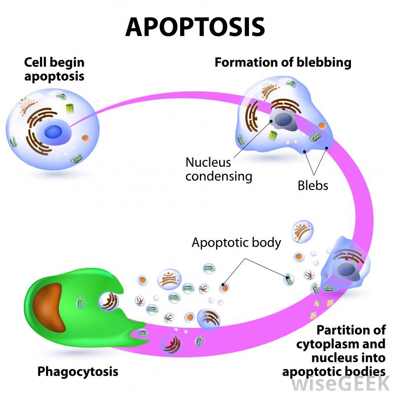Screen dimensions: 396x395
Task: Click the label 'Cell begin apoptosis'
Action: coord(54,70)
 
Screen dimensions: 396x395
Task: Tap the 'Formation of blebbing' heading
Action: coord(283,63)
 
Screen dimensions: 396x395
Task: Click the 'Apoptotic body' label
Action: coord(236,243)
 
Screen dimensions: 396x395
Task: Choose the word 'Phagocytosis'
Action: coord(80,370)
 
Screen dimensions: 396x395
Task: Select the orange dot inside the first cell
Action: coord(85,138)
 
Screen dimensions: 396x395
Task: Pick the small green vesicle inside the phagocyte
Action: coord(80,301)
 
